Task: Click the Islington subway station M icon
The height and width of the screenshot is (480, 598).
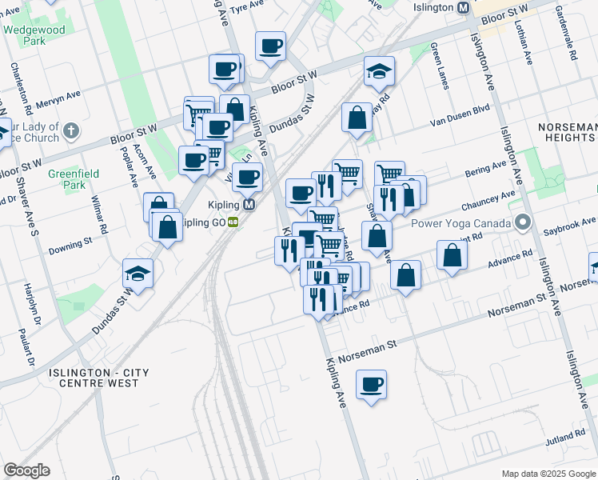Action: pos(463,8)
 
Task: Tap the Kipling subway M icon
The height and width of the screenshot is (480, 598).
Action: pos(249,205)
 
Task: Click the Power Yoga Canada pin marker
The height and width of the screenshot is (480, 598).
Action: pos(524,222)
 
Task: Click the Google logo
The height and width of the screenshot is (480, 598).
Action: pos(26,470)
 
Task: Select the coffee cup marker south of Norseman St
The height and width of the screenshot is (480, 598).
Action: pos(372,385)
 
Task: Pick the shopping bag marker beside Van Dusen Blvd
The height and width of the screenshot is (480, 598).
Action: pos(357,118)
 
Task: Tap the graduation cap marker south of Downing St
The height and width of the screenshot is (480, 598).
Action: pos(138,274)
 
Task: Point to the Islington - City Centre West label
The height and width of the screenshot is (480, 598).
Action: pos(94,378)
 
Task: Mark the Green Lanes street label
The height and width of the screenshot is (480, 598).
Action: pos(439,66)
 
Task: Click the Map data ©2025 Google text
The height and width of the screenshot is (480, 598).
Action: pos(548,474)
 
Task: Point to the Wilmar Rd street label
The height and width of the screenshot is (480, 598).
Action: pos(99,217)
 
